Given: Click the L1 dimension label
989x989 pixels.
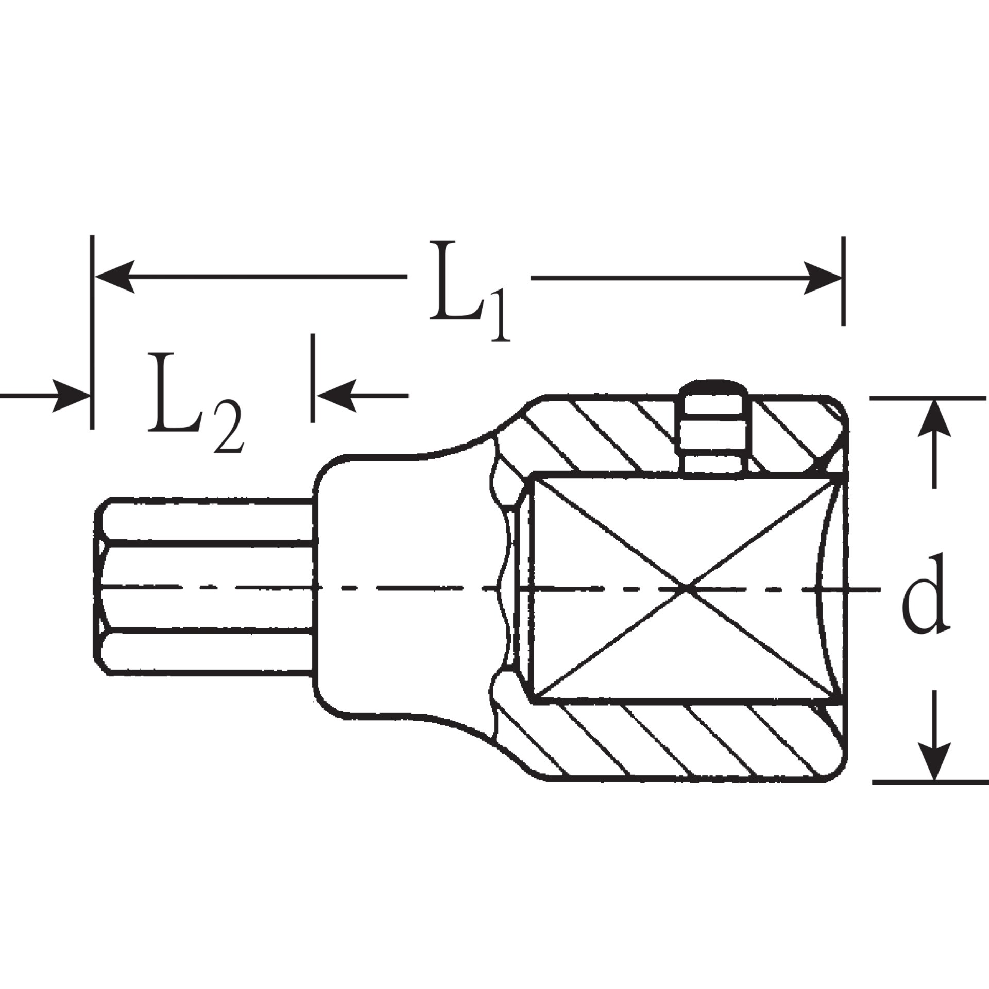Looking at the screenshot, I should point(469,291).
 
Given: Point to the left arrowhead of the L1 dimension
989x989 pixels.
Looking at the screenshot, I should point(116,277).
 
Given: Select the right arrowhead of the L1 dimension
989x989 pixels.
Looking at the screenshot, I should point(822,277).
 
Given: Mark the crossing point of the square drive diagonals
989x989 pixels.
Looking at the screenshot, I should point(687,588).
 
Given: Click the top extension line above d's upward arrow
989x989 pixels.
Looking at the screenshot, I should point(927,398).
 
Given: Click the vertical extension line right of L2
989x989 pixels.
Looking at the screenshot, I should point(312,379).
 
